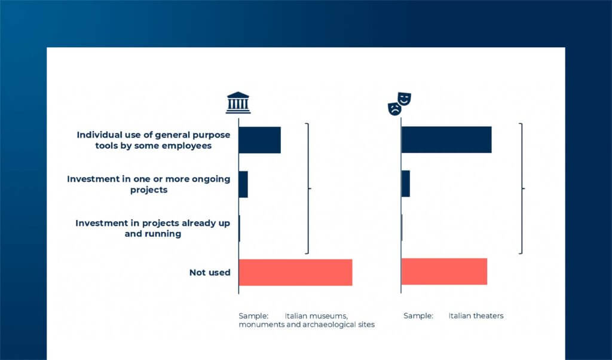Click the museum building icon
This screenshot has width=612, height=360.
tap(238, 103)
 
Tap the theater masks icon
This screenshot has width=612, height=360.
tap(400, 104)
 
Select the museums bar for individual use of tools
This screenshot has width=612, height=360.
tap(259, 140)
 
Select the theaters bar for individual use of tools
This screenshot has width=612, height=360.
tap(446, 139)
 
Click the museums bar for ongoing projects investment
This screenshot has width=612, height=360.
tap(243, 184)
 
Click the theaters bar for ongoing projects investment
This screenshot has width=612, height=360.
tap(406, 184)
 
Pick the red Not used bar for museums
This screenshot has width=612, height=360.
tap(295, 273)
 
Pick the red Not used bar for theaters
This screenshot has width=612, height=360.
tap(444, 271)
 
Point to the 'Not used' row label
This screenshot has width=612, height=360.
tap(210, 273)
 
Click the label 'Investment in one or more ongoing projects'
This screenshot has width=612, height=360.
tap(149, 184)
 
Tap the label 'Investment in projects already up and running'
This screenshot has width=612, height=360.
tap(152, 228)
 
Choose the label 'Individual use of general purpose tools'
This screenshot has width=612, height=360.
tap(154, 140)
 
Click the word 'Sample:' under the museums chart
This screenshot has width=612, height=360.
tap(253, 316)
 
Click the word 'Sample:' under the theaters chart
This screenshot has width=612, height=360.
tap(418, 316)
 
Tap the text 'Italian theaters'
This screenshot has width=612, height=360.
tap(476, 316)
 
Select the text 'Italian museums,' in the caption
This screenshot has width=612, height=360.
tap(316, 316)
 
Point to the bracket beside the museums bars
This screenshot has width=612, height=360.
tap(308, 188)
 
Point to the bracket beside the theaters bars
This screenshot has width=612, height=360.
tap(522, 188)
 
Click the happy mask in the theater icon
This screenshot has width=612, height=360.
tap(405, 99)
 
